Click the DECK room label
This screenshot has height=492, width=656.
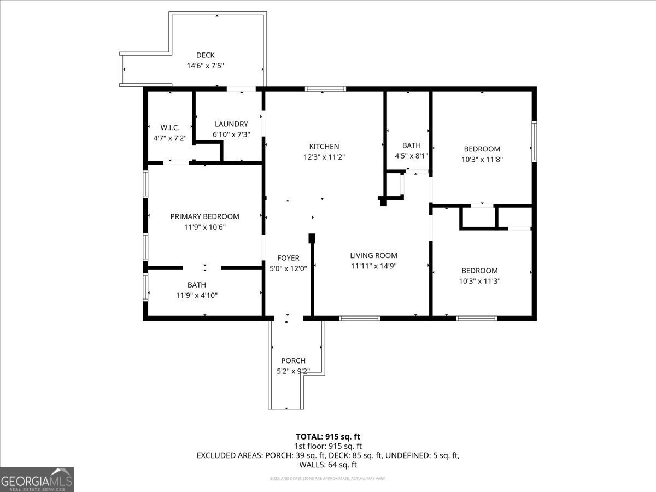click(x=206, y=55)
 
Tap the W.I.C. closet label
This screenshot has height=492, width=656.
click(x=170, y=127)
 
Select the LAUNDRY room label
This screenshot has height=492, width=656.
click(x=231, y=124)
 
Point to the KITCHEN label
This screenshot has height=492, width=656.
click(x=324, y=147)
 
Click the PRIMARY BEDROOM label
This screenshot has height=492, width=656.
click(x=204, y=216)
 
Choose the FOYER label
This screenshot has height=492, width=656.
click(x=288, y=258)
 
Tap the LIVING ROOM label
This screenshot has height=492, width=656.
click(x=373, y=255)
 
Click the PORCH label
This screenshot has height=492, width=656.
click(x=293, y=361)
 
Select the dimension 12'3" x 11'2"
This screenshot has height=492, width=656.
click(x=324, y=157)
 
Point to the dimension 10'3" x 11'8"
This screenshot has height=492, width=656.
click(x=482, y=160)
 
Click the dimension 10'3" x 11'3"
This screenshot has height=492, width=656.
click(x=479, y=281)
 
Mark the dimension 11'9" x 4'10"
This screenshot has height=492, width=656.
click(x=197, y=295)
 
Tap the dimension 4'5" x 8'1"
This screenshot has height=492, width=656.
click(x=411, y=156)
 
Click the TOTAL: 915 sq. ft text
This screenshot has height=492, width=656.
click(x=328, y=436)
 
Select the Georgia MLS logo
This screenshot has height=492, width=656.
click(x=37, y=479)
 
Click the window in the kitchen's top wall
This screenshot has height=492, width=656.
click(x=325, y=89)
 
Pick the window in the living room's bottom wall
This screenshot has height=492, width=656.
click(x=359, y=318)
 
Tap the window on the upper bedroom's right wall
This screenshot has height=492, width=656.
click(x=534, y=142)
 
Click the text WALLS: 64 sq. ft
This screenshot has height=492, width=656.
click(x=328, y=465)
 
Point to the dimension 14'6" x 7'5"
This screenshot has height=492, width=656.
click(x=206, y=66)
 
